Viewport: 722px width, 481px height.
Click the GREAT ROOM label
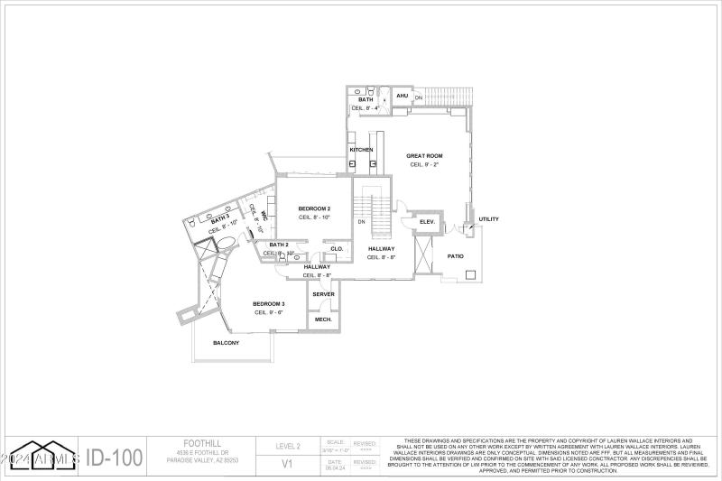[424, 155]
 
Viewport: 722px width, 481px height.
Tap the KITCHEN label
[362, 149]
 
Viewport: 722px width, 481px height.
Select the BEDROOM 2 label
[314, 208]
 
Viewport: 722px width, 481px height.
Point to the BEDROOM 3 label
[269, 303]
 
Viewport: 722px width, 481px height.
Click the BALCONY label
[226, 343]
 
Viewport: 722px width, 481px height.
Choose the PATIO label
[456, 256]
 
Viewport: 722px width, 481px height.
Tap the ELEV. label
[427, 221]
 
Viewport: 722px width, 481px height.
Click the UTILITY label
[488, 218]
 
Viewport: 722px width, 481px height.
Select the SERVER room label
[323, 294]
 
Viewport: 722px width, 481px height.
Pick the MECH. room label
[323, 319]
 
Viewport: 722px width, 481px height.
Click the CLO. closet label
[337, 248]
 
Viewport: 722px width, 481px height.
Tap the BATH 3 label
[220, 220]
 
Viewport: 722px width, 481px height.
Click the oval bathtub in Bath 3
[227, 242]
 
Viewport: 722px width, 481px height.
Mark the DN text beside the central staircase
[361, 221]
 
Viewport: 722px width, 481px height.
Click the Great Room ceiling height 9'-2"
[424, 164]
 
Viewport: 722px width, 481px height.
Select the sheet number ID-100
[115, 457]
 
